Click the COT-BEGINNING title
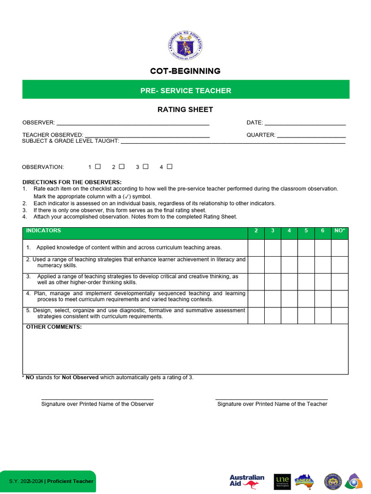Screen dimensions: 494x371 point(185,71)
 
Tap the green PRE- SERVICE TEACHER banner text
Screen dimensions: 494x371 point(185,91)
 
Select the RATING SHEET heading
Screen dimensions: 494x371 point(185,110)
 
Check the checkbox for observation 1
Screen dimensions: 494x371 point(98,166)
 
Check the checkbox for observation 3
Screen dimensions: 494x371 point(145,166)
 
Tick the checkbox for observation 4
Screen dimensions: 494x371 point(170,166)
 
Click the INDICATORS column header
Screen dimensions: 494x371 point(43,231)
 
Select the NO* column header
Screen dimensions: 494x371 point(340,231)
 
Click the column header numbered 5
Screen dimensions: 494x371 point(306,231)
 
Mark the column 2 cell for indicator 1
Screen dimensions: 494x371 point(256,247)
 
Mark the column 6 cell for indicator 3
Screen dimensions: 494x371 point(323,281)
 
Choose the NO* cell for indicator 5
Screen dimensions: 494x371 point(340,315)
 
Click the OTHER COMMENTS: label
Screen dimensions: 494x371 point(54,327)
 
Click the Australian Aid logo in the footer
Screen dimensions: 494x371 point(247,481)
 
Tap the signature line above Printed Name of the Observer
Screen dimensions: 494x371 point(98,398)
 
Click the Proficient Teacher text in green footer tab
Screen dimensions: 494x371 point(70,481)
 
